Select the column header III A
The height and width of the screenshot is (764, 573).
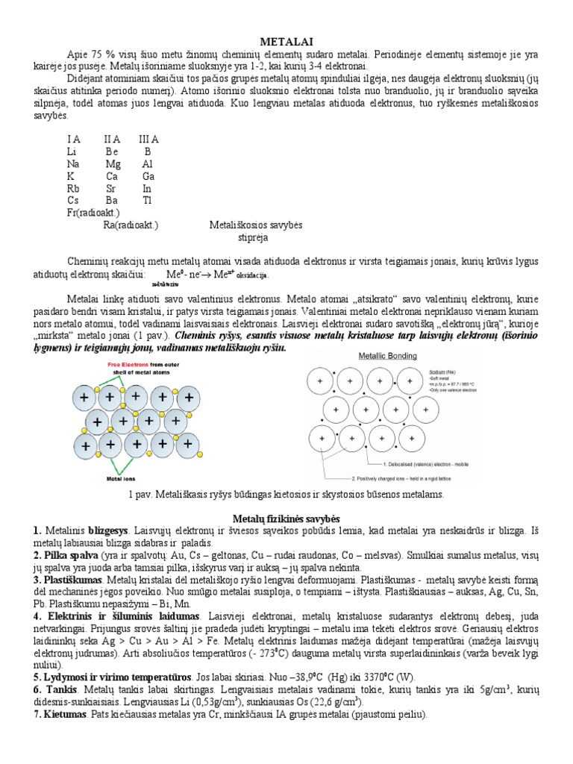click(148, 139)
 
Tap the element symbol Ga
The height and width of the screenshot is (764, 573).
click(148, 176)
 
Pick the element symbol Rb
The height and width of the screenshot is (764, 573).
click(72, 188)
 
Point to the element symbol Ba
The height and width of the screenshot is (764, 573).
click(112, 200)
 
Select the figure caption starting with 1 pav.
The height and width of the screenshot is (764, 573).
click(286, 494)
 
